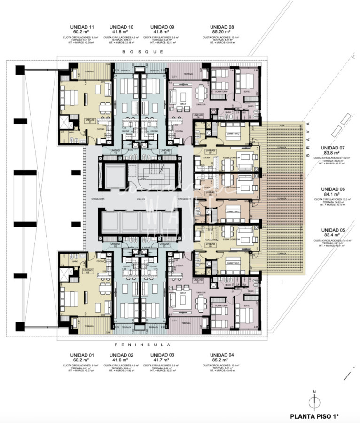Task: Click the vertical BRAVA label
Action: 308,138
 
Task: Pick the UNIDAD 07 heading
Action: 333,146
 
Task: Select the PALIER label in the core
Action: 140,199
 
